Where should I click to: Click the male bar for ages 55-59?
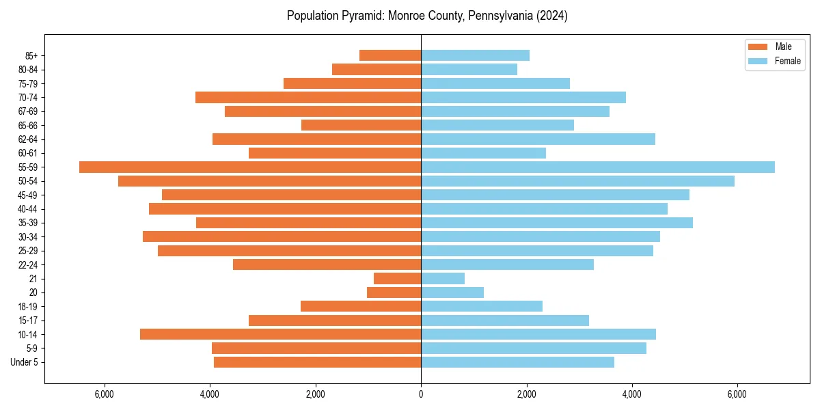tap(250, 167)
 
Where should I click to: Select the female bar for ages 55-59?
tap(598, 167)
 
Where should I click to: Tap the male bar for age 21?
tap(397, 279)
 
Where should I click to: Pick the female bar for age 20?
tap(452, 292)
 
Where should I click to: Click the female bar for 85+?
tap(475, 55)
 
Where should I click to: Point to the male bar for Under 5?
tap(317, 362)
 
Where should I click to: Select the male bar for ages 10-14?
tap(280, 334)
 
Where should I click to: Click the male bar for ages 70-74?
tap(308, 98)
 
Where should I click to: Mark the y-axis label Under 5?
tap(24, 362)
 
